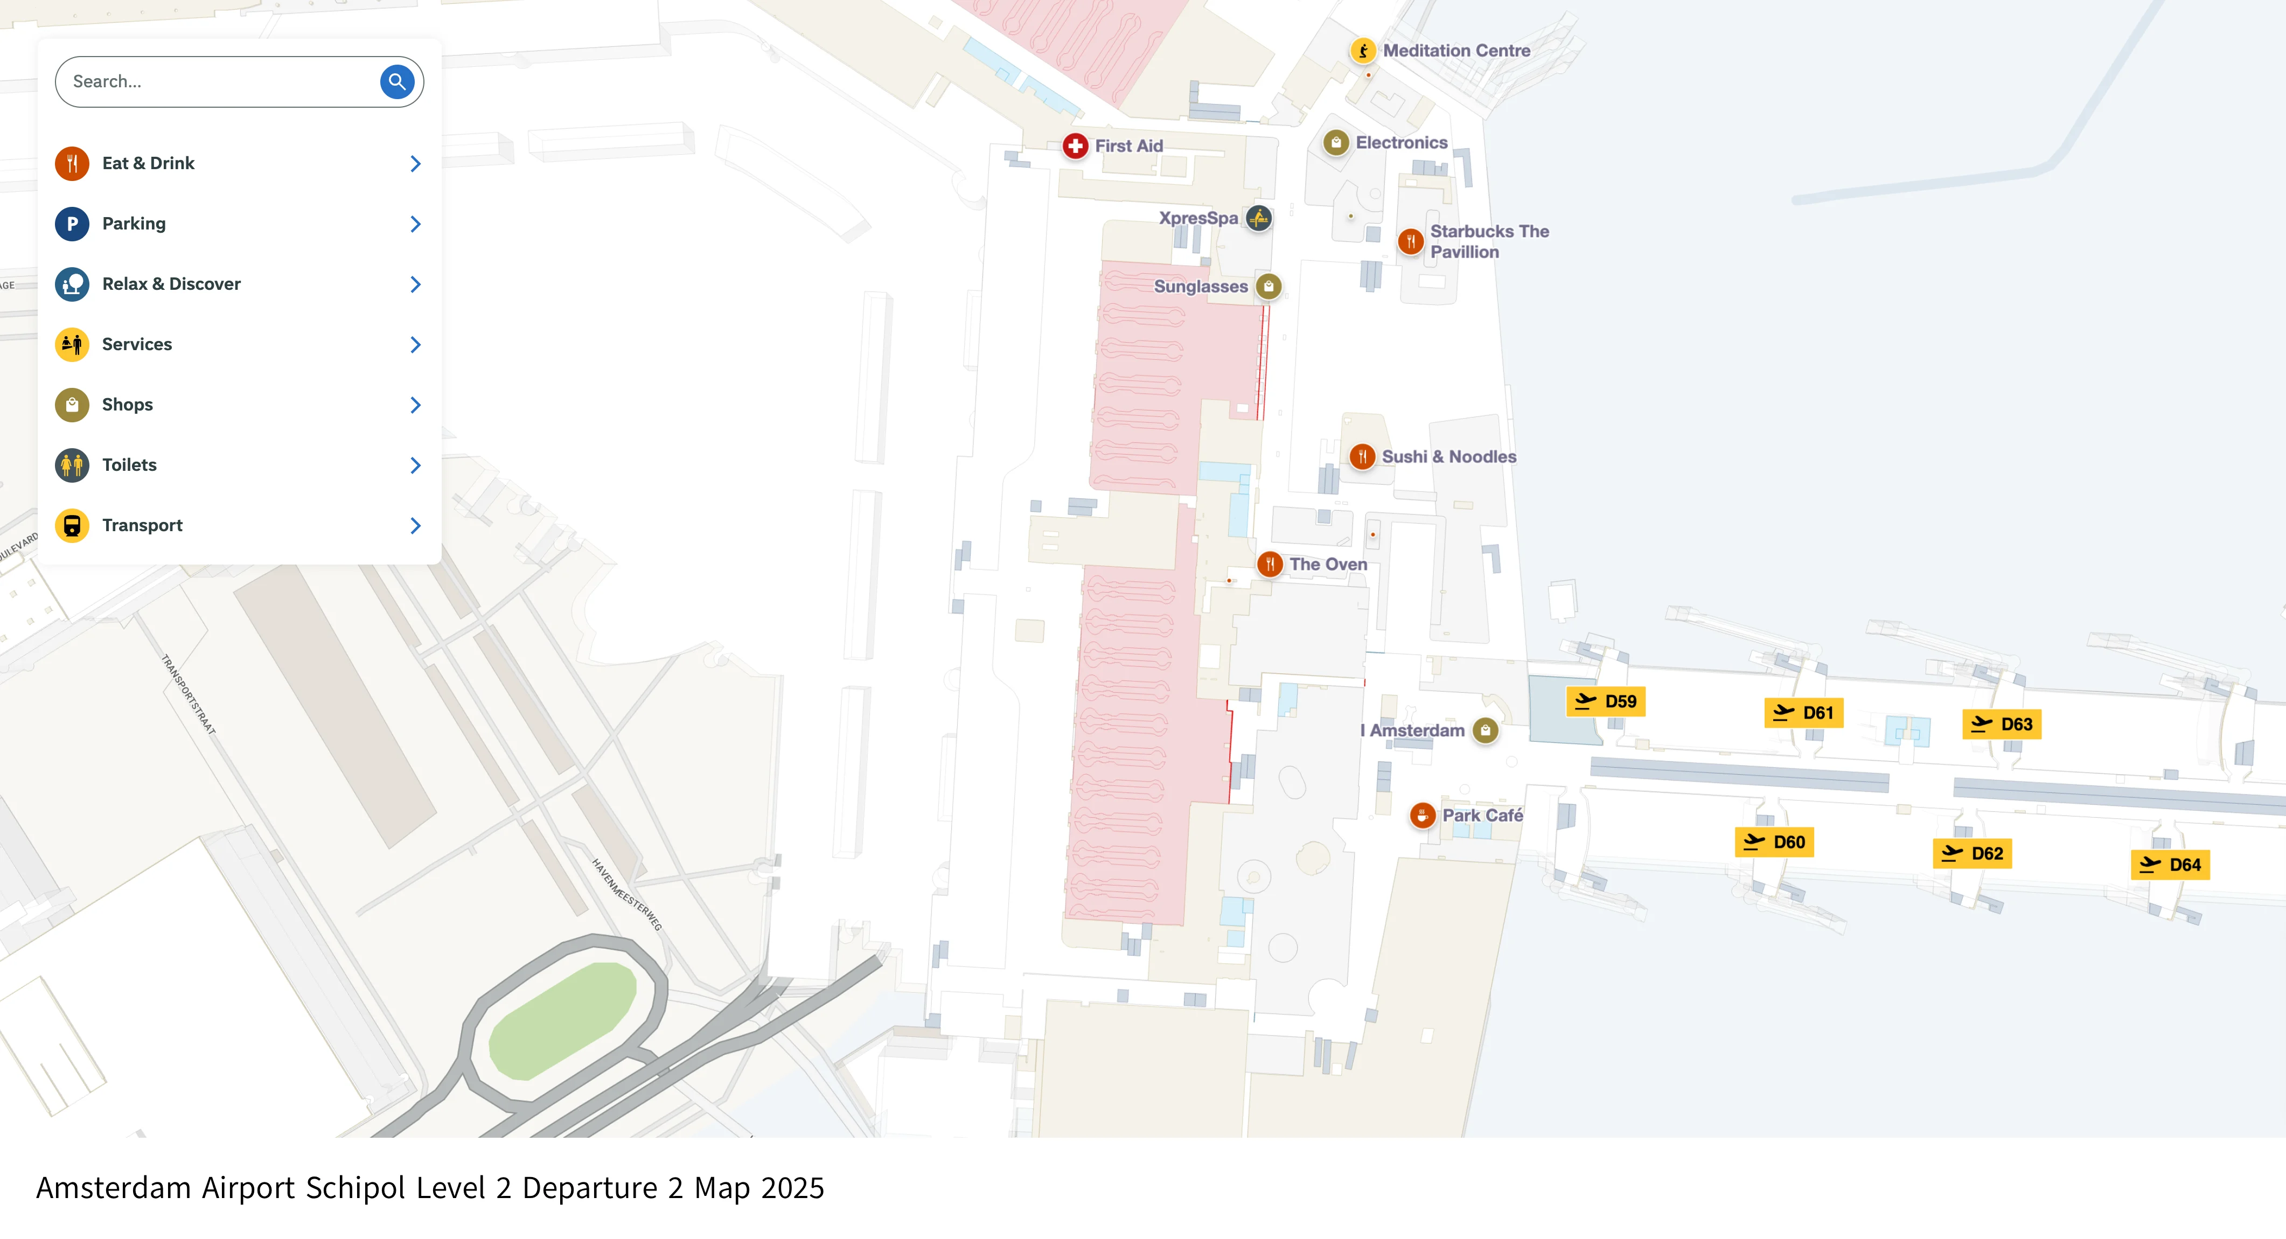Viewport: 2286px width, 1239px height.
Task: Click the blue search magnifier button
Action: tap(396, 82)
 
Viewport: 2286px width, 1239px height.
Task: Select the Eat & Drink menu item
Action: tap(148, 163)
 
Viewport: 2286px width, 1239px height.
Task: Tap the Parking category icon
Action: tap(72, 224)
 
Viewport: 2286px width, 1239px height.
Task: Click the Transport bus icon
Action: tap(72, 525)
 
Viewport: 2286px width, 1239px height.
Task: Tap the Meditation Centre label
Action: tap(1456, 51)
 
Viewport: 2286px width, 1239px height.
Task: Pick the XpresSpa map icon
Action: tap(1258, 218)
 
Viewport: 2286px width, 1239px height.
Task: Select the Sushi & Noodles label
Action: tap(1448, 456)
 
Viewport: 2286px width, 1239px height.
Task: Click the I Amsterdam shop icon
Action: tap(1486, 730)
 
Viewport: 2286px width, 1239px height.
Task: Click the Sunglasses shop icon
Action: tap(1269, 286)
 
